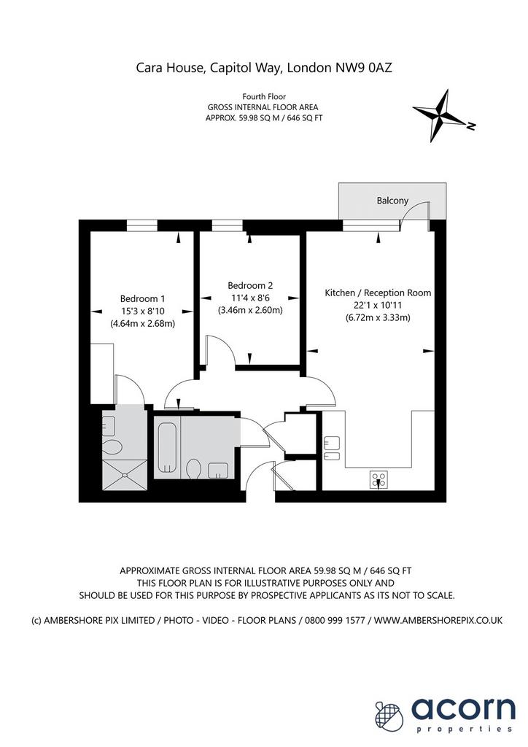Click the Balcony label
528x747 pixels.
(392, 201)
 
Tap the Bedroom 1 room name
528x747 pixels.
(142, 298)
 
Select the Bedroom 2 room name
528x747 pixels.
(250, 285)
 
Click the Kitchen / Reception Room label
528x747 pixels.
(378, 293)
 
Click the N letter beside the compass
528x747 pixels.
(471, 126)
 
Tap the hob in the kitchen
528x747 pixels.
(379, 480)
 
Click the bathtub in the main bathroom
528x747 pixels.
(167, 447)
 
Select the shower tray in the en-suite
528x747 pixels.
(125, 474)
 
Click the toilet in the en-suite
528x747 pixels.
(112, 447)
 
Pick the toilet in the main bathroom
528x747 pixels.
(193, 468)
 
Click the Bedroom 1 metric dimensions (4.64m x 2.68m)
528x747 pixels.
(142, 323)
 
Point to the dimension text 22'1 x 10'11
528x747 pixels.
(378, 306)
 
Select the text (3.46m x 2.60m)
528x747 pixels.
(250, 310)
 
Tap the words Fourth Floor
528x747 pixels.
(264, 97)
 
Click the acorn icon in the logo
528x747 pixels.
(389, 715)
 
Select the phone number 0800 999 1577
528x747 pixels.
(335, 620)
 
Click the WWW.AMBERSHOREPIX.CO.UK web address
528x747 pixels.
(438, 620)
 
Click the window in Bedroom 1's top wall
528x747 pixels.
(142, 225)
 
